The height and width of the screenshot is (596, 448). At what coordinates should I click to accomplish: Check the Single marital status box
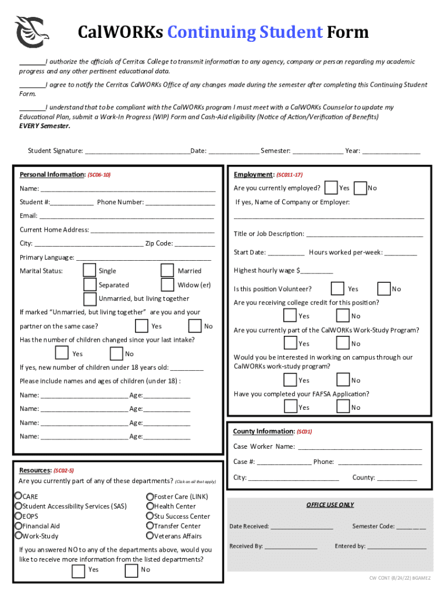click(90, 271)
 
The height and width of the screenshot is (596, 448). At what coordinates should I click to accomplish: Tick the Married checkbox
click(168, 271)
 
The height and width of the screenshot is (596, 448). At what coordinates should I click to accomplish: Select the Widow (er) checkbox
click(168, 285)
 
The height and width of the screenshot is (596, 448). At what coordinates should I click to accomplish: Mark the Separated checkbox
click(90, 285)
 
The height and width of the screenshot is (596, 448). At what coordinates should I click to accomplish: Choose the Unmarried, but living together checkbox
click(90, 299)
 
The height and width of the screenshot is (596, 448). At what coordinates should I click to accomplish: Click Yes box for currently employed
click(331, 187)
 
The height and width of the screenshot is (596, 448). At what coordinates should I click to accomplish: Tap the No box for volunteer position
click(384, 288)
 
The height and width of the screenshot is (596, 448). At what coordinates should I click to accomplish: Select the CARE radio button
click(19, 496)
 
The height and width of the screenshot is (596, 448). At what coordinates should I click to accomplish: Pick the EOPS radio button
click(19, 516)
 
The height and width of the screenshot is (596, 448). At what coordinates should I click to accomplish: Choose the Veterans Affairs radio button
click(150, 535)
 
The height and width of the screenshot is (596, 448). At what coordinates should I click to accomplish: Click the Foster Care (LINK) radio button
click(150, 496)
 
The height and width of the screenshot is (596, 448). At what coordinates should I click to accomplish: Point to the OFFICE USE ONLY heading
click(330, 505)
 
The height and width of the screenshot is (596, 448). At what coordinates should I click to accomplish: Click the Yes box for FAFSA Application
click(290, 407)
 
